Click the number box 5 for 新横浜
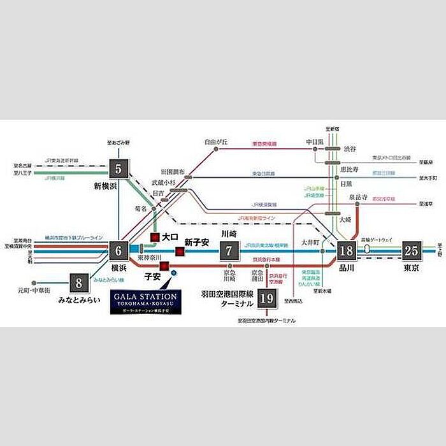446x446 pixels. tap(119, 169)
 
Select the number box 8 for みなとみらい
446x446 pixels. tap(79, 282)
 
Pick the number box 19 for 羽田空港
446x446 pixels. tap(268, 298)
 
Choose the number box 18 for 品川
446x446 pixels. tap(347, 250)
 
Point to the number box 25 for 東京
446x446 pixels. tap(411, 250)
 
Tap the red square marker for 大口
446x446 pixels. tap(154, 237)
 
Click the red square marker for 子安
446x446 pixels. tap(164, 265)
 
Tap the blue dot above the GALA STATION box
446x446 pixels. tap(174, 274)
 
